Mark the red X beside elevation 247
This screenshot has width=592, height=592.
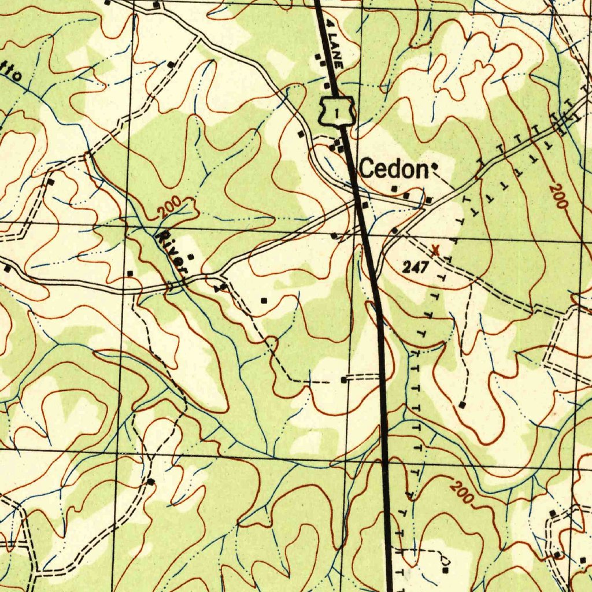(436, 250)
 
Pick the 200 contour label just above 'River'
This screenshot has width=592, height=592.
(172, 206)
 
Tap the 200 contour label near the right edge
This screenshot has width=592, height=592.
(558, 195)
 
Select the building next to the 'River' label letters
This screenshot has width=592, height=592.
(191, 257)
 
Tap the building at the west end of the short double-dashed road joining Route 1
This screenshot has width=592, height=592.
(344, 380)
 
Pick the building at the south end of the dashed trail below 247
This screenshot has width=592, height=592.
(461, 405)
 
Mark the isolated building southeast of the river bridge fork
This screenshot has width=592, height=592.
(264, 301)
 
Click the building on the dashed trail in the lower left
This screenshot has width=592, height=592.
(151, 482)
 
